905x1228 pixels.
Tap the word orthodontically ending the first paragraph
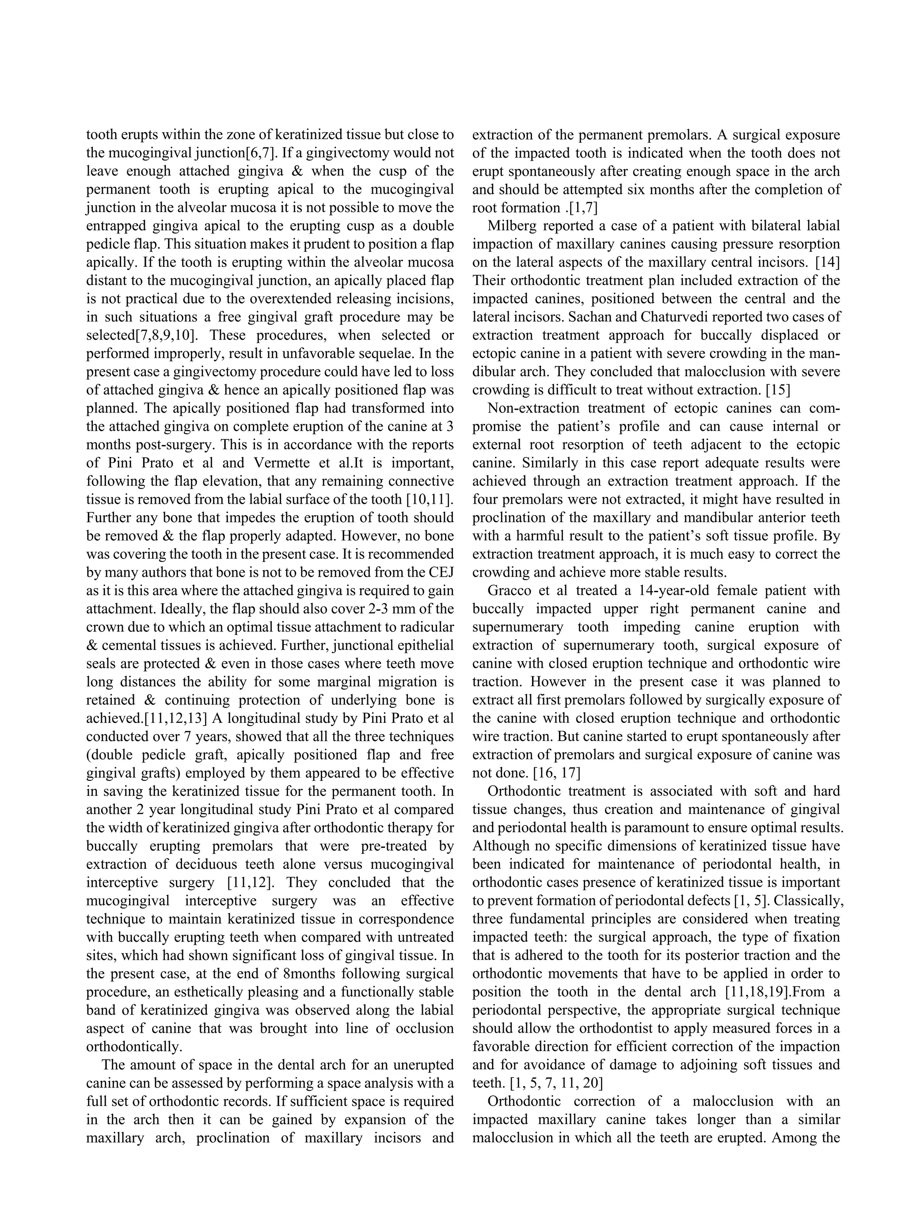[133, 1047]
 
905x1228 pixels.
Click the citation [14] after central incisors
[827, 262]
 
